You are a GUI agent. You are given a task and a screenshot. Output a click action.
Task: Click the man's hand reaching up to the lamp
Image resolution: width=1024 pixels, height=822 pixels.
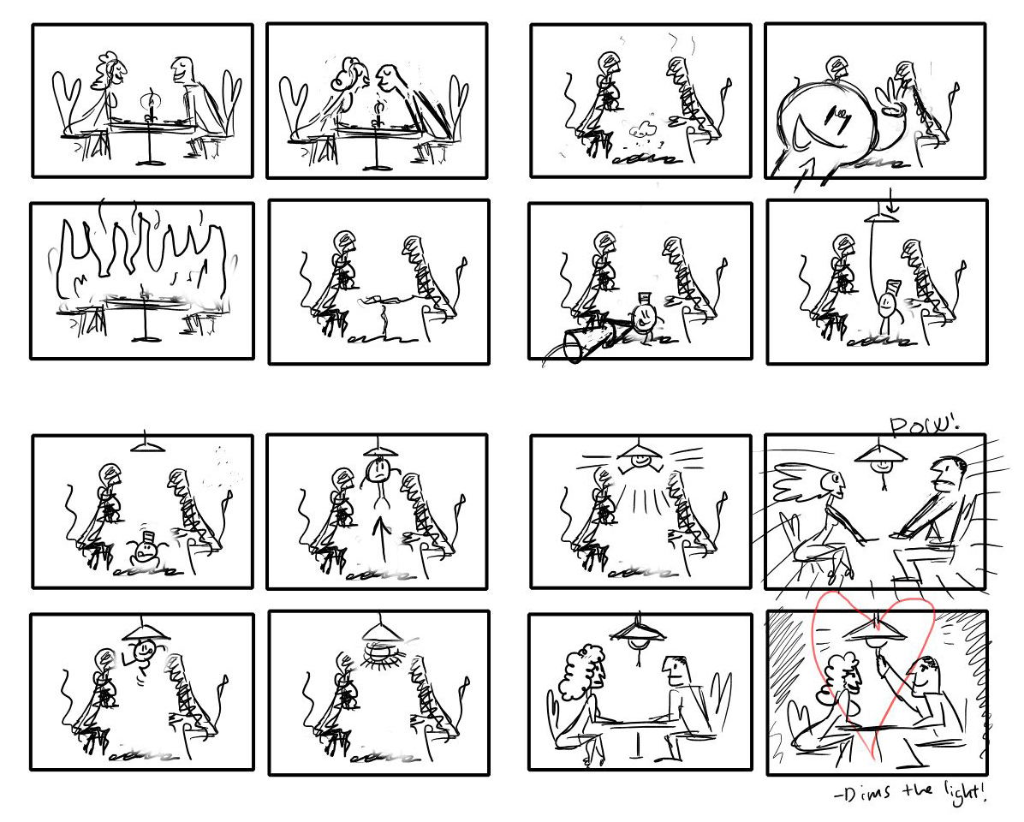(880, 644)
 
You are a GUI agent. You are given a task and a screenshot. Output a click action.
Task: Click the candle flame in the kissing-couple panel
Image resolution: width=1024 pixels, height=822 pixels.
(379, 109)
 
